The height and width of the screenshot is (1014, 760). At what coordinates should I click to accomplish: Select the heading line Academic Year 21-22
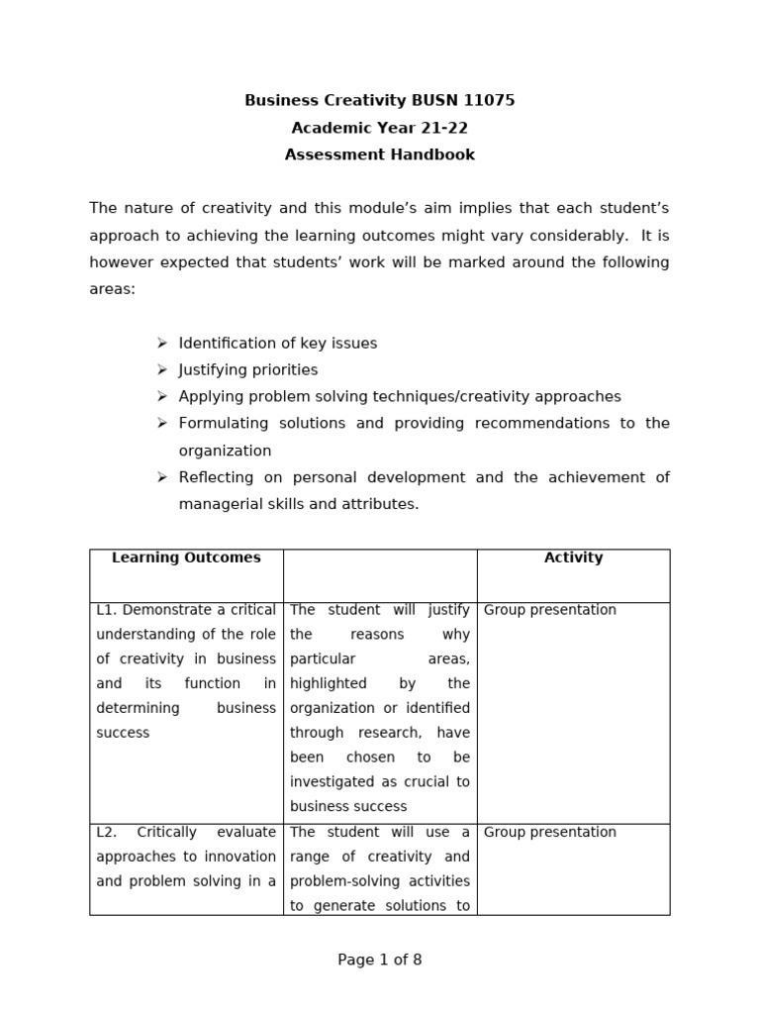point(380,128)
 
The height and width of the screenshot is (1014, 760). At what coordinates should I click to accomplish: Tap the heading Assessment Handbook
point(380,154)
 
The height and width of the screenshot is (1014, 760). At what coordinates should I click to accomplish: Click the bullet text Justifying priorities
point(248,369)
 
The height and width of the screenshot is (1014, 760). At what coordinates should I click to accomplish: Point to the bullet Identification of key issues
point(278,343)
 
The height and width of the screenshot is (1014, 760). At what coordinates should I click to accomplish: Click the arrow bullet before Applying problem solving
point(162,396)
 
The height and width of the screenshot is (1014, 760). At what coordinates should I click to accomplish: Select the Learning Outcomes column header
point(186,558)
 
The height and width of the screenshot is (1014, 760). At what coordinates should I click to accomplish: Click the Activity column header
point(573,558)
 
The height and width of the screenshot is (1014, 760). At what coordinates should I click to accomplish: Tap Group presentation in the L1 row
point(550,610)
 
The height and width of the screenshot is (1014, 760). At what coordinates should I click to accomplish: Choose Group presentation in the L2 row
point(550,832)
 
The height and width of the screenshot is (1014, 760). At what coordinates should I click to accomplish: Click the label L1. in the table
point(106,610)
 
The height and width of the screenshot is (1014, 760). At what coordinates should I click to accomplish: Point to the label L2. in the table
point(107,832)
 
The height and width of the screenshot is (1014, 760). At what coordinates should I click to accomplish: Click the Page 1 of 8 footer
point(380,960)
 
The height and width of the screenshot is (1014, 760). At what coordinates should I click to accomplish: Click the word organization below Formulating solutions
point(225,451)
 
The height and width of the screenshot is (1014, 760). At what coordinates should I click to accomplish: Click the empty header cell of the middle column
point(380,575)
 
